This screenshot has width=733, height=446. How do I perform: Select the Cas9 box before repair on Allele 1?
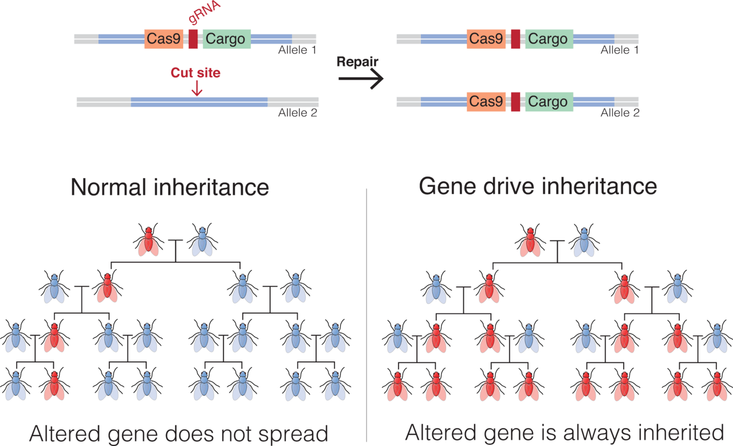pyautogui.click(x=164, y=39)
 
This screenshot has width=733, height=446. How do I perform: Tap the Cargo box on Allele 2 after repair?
pyautogui.click(x=548, y=102)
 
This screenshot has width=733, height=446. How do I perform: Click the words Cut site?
pyautogui.click(x=195, y=73)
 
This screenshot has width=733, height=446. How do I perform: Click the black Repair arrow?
pyautogui.click(x=360, y=81)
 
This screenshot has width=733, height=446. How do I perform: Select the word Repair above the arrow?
pyautogui.click(x=357, y=62)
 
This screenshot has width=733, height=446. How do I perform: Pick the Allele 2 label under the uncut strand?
pyautogui.click(x=298, y=113)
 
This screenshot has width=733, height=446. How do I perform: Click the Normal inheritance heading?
pyautogui.click(x=170, y=187)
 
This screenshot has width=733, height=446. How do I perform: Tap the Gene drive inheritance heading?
pyautogui.click(x=538, y=186)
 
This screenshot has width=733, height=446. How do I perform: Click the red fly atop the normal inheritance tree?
pyautogui.click(x=149, y=240)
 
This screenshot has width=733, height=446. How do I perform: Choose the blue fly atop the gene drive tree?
pyautogui.click(x=584, y=240)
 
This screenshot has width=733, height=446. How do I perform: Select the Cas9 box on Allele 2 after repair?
pyautogui.click(x=486, y=102)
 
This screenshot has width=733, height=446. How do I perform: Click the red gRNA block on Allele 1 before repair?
pyautogui.click(x=193, y=39)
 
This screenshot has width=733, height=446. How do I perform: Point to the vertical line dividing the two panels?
pyautogui.click(x=366, y=315)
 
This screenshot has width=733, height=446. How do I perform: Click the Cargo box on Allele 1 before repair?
pyautogui.click(x=226, y=39)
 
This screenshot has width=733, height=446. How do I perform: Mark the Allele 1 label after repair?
pyautogui.click(x=620, y=50)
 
